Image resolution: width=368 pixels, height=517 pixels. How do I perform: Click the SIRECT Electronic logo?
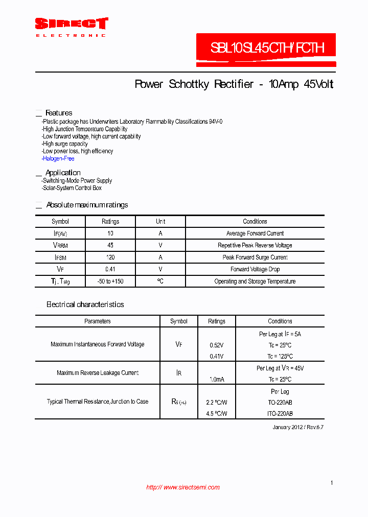coord(71,27)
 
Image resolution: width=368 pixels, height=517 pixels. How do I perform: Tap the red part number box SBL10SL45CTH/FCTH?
coord(267,49)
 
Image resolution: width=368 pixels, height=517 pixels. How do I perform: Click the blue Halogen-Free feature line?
coord(58,158)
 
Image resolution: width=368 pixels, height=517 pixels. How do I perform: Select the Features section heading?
coord(59,113)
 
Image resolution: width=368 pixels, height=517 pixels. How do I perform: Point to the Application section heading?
coord(63,173)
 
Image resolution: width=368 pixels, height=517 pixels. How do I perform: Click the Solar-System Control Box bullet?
coord(72,188)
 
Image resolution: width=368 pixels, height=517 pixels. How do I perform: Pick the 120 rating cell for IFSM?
coord(110,257)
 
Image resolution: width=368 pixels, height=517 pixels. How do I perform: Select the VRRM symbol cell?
coord(60,246)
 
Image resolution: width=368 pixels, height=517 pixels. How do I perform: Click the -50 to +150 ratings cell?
coord(110,281)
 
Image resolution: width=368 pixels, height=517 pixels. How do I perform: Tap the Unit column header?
coord(160,222)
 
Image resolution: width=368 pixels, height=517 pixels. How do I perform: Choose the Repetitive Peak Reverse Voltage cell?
coord(255,246)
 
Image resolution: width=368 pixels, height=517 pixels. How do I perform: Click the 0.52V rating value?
coord(217,345)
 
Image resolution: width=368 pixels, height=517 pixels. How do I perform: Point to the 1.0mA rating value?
coord(217,379)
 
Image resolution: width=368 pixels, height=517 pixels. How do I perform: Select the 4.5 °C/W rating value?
coord(217,414)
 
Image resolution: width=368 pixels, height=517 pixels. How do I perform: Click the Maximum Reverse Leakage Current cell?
coord(98,373)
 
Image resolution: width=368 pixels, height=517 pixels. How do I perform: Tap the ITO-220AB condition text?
coord(280,414)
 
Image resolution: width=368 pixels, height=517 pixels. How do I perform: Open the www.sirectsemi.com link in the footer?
coord(182,487)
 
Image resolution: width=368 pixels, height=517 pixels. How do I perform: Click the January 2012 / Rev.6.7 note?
coord(298,427)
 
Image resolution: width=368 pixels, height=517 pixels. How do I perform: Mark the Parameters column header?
coord(98,321)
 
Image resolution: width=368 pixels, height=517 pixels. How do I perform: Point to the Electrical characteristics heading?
coord(85,304)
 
